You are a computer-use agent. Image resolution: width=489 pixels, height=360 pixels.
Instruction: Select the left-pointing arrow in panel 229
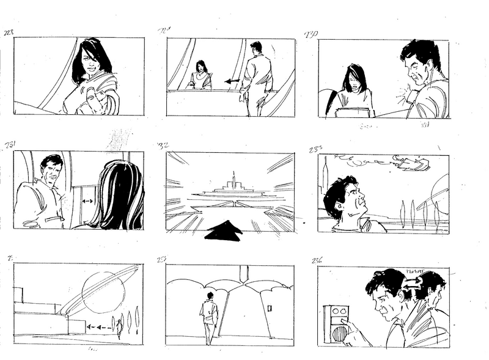[x=231, y=81]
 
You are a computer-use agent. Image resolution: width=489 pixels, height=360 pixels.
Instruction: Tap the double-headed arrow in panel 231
[x=86, y=200]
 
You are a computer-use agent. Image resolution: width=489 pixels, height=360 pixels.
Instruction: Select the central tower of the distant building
[x=232, y=181]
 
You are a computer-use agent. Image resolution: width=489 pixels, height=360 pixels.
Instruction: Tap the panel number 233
[x=317, y=149]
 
